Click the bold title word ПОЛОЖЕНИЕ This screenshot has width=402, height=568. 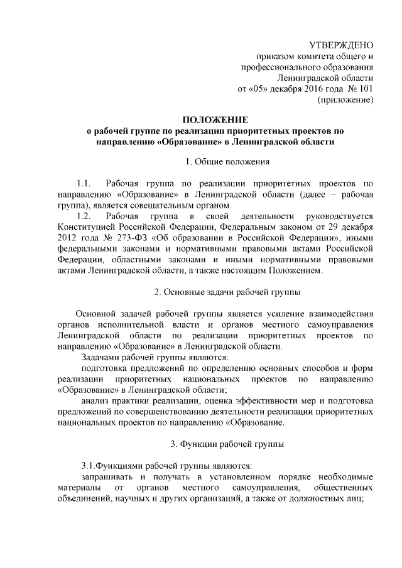(x=215, y=120)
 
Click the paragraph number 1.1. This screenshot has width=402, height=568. (x=84, y=184)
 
